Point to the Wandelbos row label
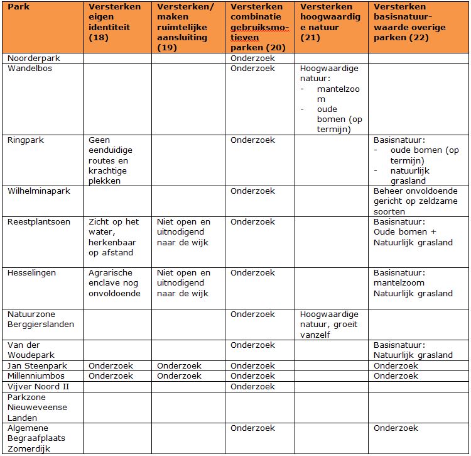30,69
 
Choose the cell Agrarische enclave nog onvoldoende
115,283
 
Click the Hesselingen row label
31,273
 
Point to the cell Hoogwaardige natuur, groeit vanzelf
329,324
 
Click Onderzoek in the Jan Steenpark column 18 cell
111,365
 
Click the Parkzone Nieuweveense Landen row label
37,407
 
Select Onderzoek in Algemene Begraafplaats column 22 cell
396,428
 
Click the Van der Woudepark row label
31,350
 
